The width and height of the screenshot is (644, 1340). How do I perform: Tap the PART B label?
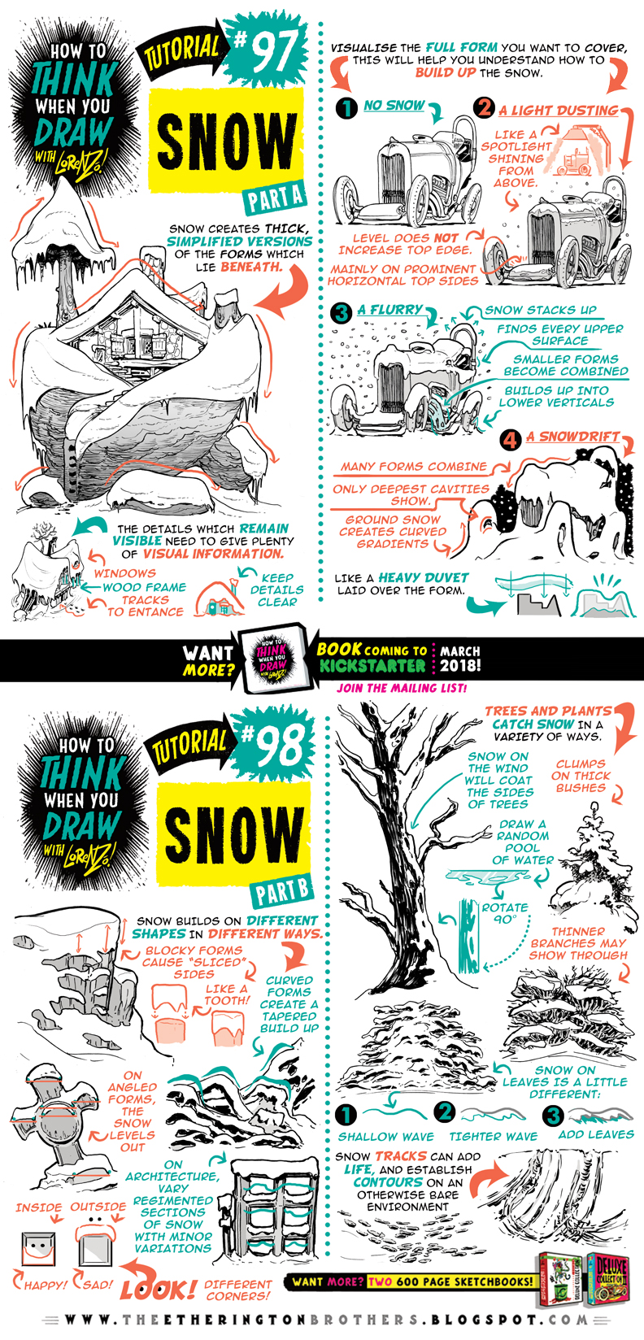(x=281, y=891)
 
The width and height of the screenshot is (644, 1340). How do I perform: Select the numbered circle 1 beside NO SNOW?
(x=347, y=107)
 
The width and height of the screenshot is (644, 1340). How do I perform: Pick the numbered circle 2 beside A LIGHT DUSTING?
(x=485, y=107)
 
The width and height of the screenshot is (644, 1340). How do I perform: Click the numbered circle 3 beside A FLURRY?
(x=342, y=312)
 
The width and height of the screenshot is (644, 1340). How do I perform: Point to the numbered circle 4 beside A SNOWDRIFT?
(x=510, y=440)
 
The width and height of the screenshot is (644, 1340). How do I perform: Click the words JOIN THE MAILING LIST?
(x=402, y=688)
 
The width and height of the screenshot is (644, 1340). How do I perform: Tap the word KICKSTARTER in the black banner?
(x=372, y=666)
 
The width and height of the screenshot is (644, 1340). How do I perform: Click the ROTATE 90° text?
(x=504, y=913)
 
